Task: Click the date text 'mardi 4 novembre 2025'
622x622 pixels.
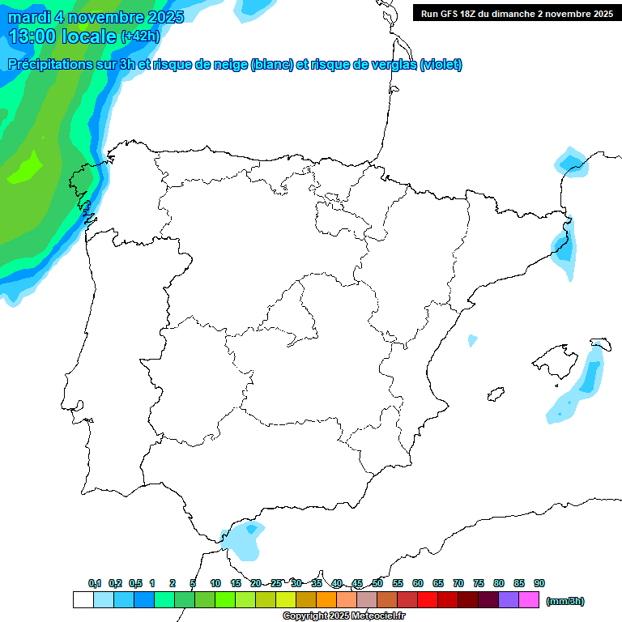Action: pyautogui.click(x=96, y=17)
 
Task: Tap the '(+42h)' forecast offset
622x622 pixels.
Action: pyautogui.click(x=141, y=36)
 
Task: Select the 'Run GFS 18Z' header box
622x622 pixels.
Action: pyautogui.click(x=517, y=13)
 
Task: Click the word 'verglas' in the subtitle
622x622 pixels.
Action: pyautogui.click(x=387, y=65)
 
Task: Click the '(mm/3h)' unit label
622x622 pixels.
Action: pyautogui.click(x=565, y=601)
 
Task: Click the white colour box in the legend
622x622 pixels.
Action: pyautogui.click(x=83, y=600)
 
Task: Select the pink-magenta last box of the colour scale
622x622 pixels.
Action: pyautogui.click(x=529, y=600)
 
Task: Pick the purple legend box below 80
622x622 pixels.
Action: pyautogui.click(x=509, y=600)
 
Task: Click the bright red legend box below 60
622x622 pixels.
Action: pyautogui.click(x=428, y=600)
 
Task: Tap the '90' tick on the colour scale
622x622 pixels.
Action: pyautogui.click(x=539, y=583)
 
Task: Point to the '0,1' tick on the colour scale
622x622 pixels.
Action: pyautogui.click(x=95, y=583)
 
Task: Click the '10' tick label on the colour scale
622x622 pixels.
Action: pyautogui.click(x=215, y=583)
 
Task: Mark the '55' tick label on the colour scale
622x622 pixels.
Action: pyautogui.click(x=398, y=583)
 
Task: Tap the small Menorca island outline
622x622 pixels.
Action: pyautogui.click(x=600, y=343)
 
